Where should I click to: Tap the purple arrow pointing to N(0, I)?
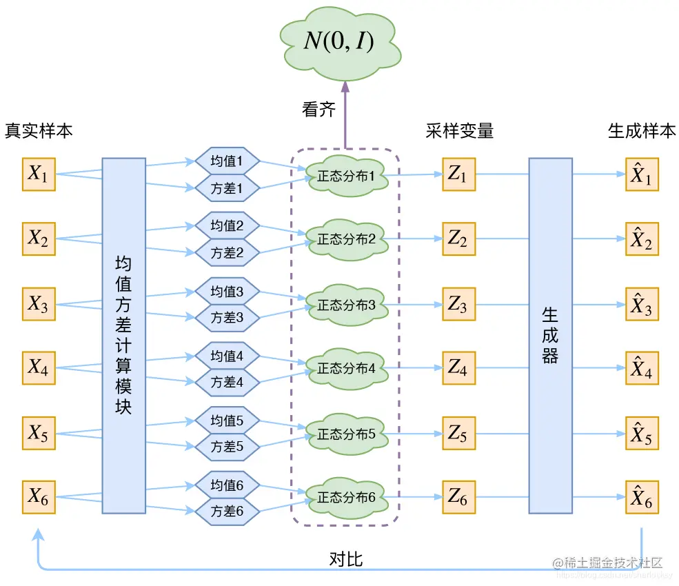coord(345,114)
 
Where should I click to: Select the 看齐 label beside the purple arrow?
coord(318,110)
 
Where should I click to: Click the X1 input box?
coord(39,174)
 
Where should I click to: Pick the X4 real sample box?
coord(39,368)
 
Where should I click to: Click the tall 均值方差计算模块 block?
coord(123,336)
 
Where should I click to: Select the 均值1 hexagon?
coord(227,161)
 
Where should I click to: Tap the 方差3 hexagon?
coord(227,318)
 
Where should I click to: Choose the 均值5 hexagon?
coord(227,420)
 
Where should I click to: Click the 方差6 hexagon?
coord(227,512)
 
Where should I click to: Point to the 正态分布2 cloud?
coord(346,240)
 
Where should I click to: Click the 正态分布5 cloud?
coord(346,434)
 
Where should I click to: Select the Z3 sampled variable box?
coord(458,303)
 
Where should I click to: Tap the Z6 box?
coord(458,496)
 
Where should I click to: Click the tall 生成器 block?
coord(550,336)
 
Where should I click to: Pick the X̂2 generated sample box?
coord(642,239)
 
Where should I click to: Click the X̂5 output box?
coord(642,433)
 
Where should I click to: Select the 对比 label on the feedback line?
coord(345,559)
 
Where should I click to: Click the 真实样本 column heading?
coord(39,131)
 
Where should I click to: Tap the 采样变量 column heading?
coord(459,131)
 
